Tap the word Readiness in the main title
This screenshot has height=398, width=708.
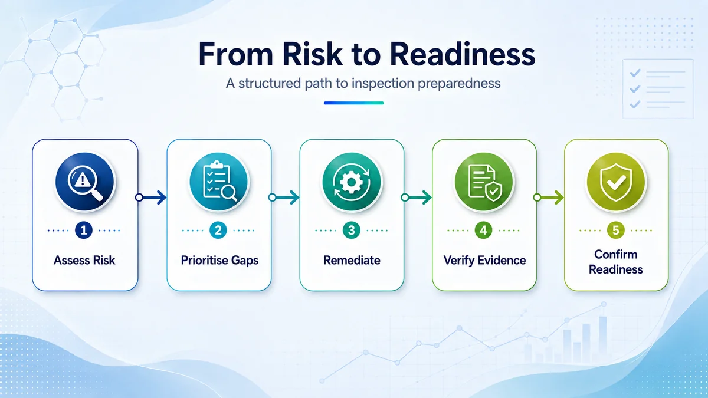(x=463, y=54)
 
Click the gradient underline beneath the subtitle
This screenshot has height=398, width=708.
(x=353, y=103)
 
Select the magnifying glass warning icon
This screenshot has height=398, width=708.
(x=85, y=182)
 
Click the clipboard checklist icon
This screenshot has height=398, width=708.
(x=219, y=182)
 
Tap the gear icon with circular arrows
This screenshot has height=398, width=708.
(x=352, y=182)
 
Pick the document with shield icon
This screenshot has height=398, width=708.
(x=484, y=182)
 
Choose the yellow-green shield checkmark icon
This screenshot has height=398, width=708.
(x=616, y=182)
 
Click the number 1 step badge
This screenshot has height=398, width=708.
(x=84, y=231)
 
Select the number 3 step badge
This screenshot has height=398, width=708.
(x=352, y=231)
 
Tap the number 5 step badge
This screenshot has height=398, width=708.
(x=616, y=231)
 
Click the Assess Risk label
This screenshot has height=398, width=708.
(x=84, y=260)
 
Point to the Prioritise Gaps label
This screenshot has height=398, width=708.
(x=219, y=261)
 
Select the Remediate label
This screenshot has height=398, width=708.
(x=352, y=260)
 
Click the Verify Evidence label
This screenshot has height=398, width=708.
(x=484, y=261)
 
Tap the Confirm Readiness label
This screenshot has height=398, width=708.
(x=616, y=262)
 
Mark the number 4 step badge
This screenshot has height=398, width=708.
(x=483, y=231)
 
